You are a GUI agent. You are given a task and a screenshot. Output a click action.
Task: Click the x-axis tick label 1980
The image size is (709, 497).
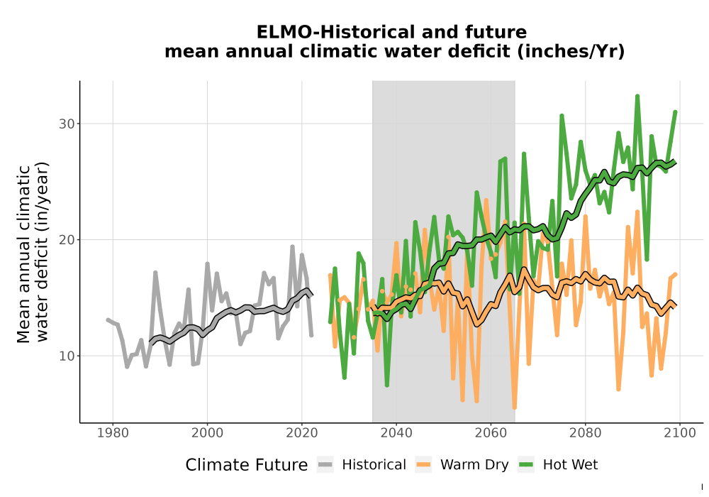[x=113, y=433]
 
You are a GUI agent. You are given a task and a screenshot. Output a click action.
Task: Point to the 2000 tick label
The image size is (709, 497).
[x=207, y=433]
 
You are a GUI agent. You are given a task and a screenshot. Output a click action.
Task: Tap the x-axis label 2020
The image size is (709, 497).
[x=301, y=433]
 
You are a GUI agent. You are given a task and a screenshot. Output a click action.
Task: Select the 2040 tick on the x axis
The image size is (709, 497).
[x=396, y=433]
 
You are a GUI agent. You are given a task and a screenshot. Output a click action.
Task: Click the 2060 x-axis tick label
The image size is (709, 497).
[x=491, y=433]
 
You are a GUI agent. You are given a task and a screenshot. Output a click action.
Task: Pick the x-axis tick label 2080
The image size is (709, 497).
[x=585, y=433]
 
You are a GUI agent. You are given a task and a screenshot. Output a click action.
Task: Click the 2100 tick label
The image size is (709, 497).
[x=680, y=433]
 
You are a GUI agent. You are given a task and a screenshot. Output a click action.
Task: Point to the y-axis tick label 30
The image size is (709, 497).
[x=67, y=124]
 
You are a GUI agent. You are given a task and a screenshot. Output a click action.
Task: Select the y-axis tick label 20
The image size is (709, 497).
[x=67, y=240]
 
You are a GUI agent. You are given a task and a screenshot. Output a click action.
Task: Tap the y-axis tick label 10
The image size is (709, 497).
[x=67, y=356]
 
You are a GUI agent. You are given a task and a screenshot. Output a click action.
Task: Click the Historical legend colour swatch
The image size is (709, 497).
[x=325, y=464]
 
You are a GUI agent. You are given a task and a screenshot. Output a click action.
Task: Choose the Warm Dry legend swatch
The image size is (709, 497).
[x=423, y=464]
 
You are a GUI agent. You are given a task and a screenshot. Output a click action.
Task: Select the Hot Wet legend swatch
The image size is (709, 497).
[x=526, y=464]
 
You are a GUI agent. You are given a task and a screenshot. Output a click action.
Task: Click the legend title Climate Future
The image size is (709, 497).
[x=247, y=465]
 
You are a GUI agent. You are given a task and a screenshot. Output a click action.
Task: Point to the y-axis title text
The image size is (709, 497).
[x=32, y=253]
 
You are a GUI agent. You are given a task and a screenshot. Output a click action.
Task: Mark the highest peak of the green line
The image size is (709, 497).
[x=637, y=96]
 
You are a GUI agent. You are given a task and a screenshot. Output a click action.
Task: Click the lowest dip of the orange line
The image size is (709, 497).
[x=515, y=408]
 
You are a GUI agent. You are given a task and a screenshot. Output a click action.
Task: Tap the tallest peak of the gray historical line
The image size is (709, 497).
[x=292, y=246]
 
